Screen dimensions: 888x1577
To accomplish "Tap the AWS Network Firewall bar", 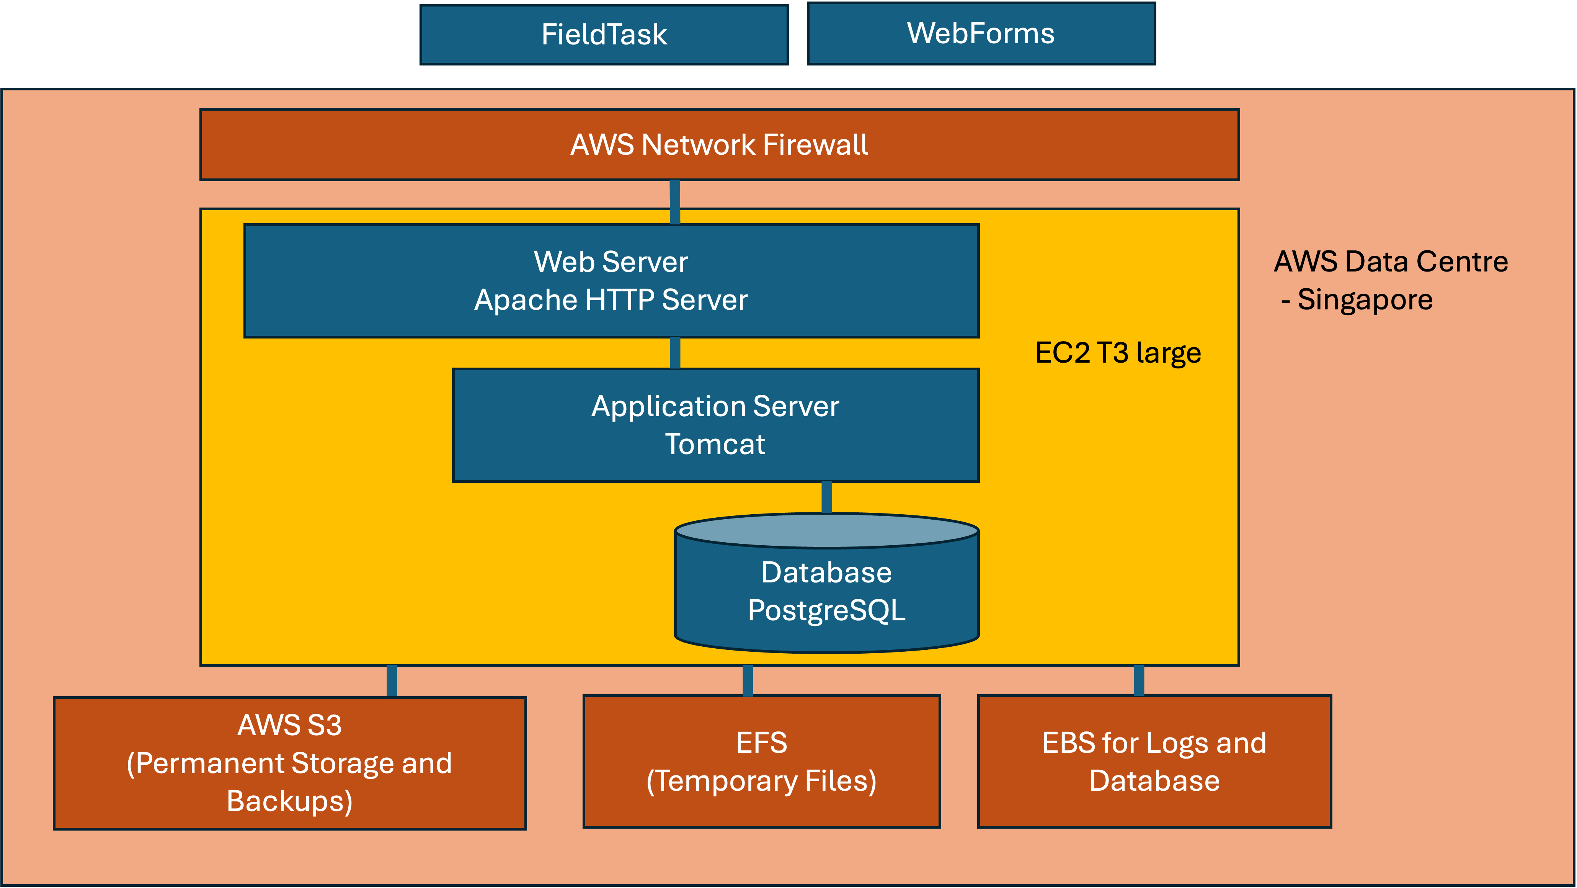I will click(x=719, y=144).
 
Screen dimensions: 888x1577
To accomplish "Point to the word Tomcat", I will click(x=715, y=444).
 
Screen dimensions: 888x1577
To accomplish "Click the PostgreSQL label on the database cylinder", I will click(x=826, y=611).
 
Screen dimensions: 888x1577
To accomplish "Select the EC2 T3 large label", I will click(x=1118, y=353).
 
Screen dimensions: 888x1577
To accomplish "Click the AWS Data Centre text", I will click(x=1391, y=262).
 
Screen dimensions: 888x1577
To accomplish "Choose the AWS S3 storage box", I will click(x=290, y=763).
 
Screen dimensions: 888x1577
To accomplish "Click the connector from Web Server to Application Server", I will click(x=675, y=353).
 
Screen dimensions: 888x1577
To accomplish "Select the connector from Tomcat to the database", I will click(x=826, y=497).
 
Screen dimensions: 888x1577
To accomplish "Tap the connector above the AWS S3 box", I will click(x=392, y=681).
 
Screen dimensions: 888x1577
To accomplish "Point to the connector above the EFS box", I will click(x=748, y=680).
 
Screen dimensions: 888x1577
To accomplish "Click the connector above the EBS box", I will click(x=1139, y=680).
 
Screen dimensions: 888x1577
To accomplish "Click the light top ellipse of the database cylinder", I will click(x=826, y=530).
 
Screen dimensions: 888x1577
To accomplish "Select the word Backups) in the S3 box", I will click(x=290, y=801).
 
